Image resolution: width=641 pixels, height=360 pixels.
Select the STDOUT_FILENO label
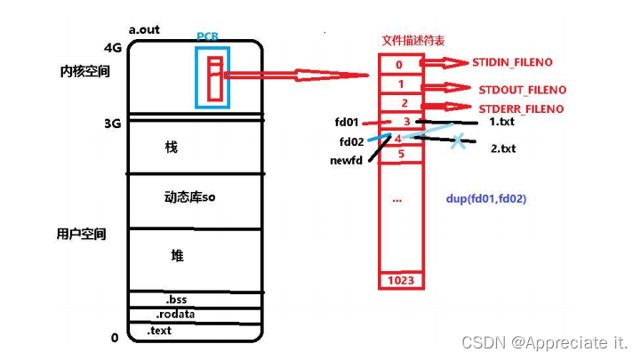click(x=522, y=90)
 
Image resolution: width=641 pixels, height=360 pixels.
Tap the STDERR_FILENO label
click(x=521, y=108)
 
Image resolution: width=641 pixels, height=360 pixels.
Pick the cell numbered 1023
click(x=400, y=281)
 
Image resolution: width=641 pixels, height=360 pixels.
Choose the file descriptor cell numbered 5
click(x=400, y=153)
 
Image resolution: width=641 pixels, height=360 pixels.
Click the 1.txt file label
click(x=502, y=120)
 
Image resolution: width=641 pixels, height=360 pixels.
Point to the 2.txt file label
click(x=503, y=148)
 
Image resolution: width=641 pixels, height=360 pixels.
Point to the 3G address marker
click(x=111, y=124)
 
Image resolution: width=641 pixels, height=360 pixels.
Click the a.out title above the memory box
click(x=145, y=29)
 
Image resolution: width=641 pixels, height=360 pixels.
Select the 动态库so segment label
click(x=189, y=197)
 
